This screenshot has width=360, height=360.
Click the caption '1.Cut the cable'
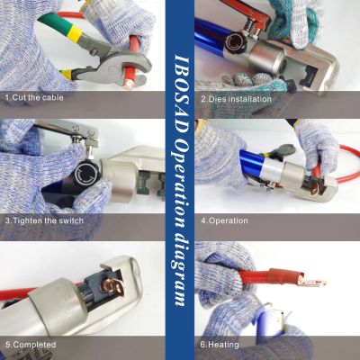(x=34, y=97)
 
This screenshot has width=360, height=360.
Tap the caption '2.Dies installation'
(x=236, y=99)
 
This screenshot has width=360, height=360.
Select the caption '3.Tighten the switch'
(x=44, y=220)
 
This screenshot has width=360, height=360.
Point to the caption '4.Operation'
(x=224, y=220)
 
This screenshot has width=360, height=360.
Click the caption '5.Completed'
(x=31, y=345)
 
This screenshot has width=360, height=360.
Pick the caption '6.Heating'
(x=220, y=345)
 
